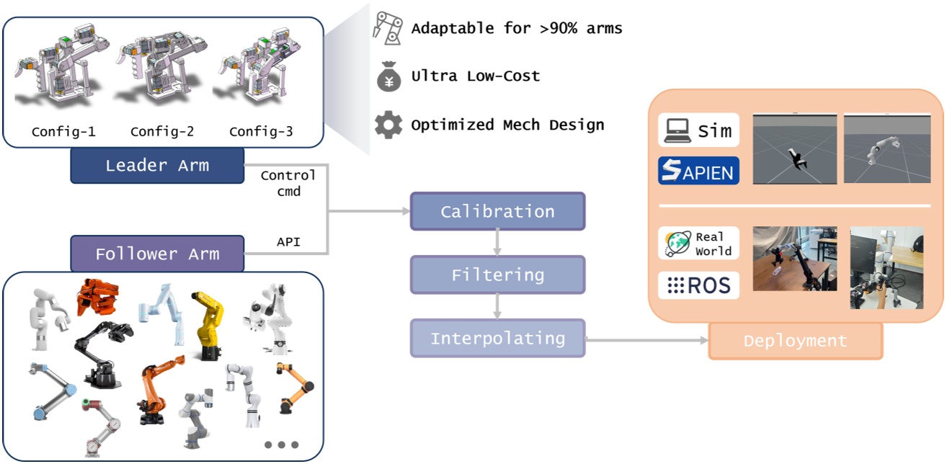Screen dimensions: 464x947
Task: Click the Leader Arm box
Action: coord(157,166)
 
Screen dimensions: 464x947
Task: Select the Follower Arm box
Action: coord(157,254)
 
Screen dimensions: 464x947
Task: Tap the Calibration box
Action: coord(497,211)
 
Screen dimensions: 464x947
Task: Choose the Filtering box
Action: coord(497,275)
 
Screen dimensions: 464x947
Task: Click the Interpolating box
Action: coord(497,338)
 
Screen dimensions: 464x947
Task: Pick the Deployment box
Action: coord(795,341)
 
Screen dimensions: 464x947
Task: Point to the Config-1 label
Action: coord(63,132)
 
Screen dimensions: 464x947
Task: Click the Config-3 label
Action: coord(261,132)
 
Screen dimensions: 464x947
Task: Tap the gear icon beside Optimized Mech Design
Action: coord(388,125)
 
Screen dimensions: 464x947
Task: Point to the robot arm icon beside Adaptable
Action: coord(387,27)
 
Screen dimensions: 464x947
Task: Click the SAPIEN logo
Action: coord(698,171)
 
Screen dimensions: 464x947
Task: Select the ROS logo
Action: coord(698,285)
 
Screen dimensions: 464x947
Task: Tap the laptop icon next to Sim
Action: coord(677,130)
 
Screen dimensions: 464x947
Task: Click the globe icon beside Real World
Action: coord(677,244)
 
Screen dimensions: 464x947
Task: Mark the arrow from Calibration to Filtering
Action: coord(497,244)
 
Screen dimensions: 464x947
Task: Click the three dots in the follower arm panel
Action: coord(281,445)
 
